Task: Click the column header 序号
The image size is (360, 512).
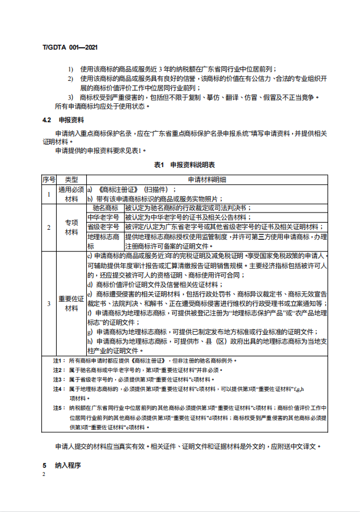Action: point(49,178)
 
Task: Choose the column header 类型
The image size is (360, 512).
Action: point(71,178)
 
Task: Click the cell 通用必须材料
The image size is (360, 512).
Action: point(71,194)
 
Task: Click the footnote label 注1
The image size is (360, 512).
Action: point(58,360)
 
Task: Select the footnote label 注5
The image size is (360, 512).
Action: point(58,407)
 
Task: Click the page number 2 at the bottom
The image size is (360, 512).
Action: point(44,474)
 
